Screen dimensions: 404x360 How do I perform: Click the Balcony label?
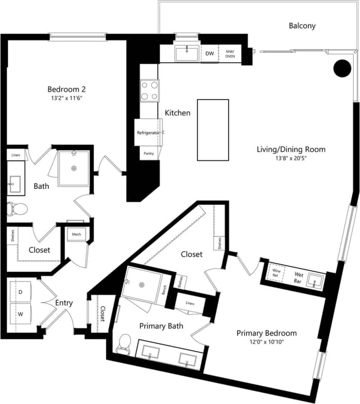(302, 26)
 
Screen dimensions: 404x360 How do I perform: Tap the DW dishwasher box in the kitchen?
(210, 54)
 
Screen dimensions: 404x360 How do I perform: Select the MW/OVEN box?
(230, 54)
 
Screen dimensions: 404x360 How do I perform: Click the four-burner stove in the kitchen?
(149, 90)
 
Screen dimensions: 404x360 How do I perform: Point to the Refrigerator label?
(148, 133)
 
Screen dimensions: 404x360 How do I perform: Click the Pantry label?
(148, 153)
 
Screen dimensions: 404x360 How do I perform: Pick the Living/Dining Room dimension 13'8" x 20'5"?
(291, 159)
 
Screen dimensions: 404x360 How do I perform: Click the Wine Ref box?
(276, 273)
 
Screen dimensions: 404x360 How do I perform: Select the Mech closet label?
(77, 234)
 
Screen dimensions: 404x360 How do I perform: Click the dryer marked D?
(20, 292)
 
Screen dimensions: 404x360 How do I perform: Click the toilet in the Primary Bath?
(124, 343)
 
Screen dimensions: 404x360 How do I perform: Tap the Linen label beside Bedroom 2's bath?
(16, 155)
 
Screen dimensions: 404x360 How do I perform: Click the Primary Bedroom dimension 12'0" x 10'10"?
(267, 342)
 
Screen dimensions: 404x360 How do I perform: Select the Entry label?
(64, 303)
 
